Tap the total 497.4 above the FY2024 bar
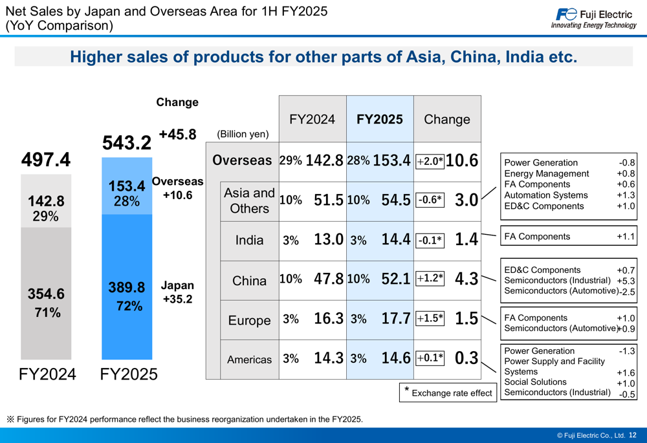coord(46,160)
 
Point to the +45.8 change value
coord(177,135)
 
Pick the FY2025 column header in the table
coord(380,119)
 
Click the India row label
coord(249,241)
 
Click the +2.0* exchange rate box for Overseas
coord(430,161)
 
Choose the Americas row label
coord(249,360)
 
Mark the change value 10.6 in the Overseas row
coord(462,161)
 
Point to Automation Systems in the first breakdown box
coord(545,195)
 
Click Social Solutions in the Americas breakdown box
coord(535,382)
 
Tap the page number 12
coord(633,435)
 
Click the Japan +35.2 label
coord(177,292)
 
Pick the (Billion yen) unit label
coord(243,135)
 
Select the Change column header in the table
coord(447,119)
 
